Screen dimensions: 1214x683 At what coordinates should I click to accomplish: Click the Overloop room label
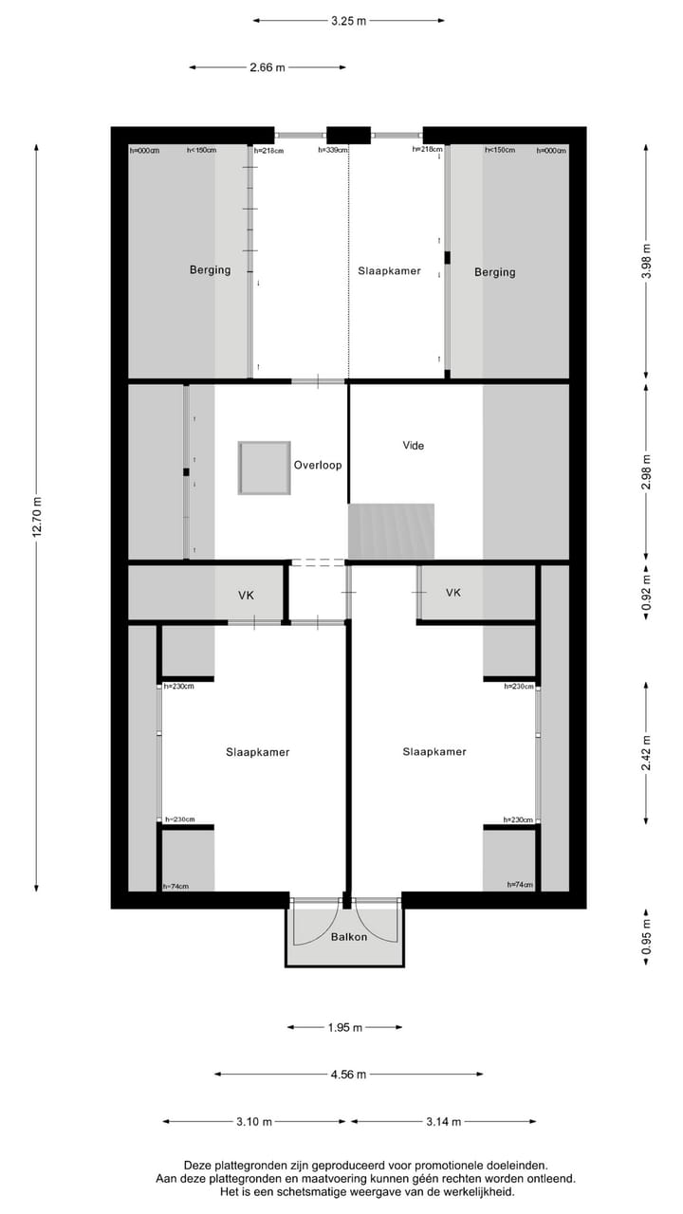(x=317, y=466)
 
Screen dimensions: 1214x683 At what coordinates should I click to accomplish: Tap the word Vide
(x=413, y=445)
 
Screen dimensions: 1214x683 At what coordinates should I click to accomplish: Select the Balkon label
(x=348, y=937)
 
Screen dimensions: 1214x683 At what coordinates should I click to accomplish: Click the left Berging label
(x=210, y=270)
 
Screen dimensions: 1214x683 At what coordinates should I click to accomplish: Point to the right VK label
(x=453, y=593)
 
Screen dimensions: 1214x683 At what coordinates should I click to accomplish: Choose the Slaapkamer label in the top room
(x=389, y=271)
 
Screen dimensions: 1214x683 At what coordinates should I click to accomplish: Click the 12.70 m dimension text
(x=38, y=517)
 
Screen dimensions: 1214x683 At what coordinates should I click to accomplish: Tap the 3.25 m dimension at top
(x=348, y=20)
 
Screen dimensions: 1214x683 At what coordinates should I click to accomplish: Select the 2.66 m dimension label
(x=267, y=67)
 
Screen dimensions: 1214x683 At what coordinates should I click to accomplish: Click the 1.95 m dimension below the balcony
(x=343, y=1027)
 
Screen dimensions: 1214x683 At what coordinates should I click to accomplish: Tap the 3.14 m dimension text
(x=443, y=1122)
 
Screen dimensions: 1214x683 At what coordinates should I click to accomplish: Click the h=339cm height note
(x=333, y=150)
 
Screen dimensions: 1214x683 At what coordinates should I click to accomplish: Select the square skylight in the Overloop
(x=263, y=467)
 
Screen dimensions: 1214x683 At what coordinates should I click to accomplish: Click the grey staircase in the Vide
(x=391, y=531)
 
